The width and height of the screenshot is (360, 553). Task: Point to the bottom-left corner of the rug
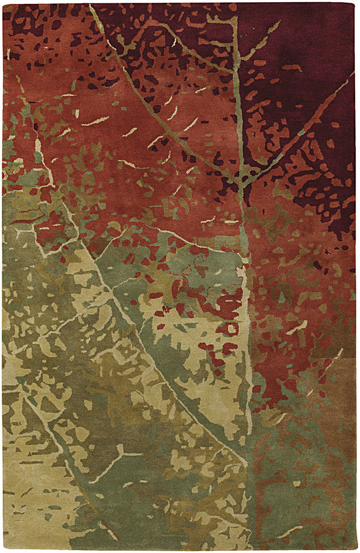pyautogui.click(x=3, y=550)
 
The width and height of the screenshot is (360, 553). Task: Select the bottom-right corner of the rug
pyautogui.click(x=357, y=550)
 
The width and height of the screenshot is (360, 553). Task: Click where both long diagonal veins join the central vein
pyautogui.click(x=240, y=182)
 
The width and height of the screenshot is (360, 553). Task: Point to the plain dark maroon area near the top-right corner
pyautogui.click(x=326, y=33)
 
